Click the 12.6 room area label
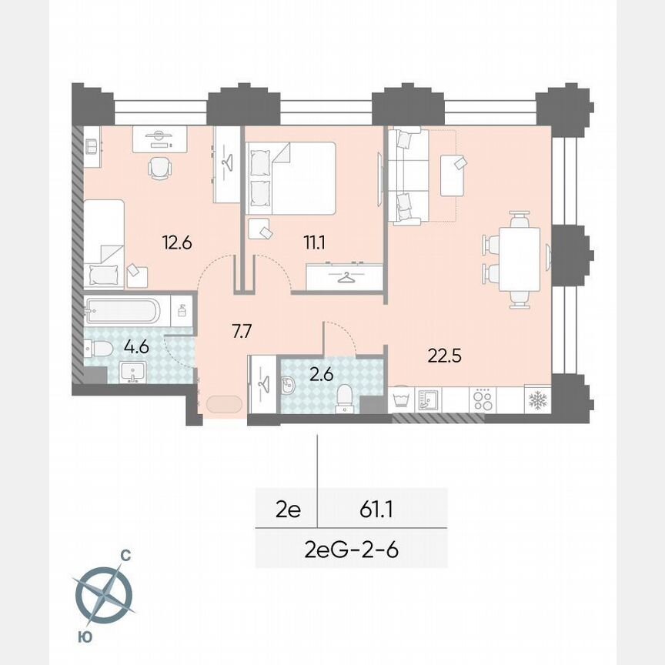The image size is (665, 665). pos(177,243)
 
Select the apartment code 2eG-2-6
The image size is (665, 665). pos(351,550)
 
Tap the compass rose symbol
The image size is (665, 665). pos(104,594)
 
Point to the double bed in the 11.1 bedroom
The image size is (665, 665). pos(290,178)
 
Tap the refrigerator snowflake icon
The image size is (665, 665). pos(536,400)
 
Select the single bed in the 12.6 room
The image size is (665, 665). pos(104,243)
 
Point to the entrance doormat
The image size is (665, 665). pos(223,405)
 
